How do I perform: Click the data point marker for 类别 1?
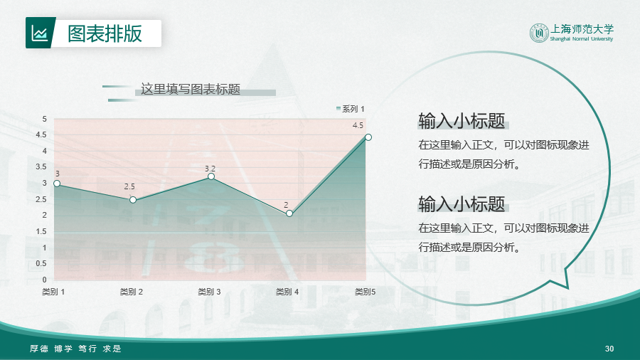pos(57,184)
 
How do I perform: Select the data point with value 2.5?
pos(133,200)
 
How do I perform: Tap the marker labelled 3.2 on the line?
pos(211,176)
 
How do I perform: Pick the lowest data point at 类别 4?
pos(289,213)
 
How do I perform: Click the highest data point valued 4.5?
pos(368,137)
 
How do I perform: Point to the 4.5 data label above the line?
pos(358,125)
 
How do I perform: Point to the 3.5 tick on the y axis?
pos(41,166)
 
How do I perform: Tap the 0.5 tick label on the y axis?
pos(41,264)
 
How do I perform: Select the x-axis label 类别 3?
pos(209,292)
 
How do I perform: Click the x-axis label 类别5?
pos(365,292)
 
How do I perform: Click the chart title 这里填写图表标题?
pos(191,89)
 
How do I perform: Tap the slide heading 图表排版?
pos(105,33)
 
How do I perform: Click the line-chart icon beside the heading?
pos(40,33)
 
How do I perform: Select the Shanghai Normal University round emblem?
pos(539,33)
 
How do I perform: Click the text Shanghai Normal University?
pos(582,39)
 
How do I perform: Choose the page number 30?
pos(609,349)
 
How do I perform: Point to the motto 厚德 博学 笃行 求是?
pos(76,349)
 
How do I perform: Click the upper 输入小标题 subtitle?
pos(462,121)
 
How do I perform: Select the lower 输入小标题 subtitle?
pos(462,203)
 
